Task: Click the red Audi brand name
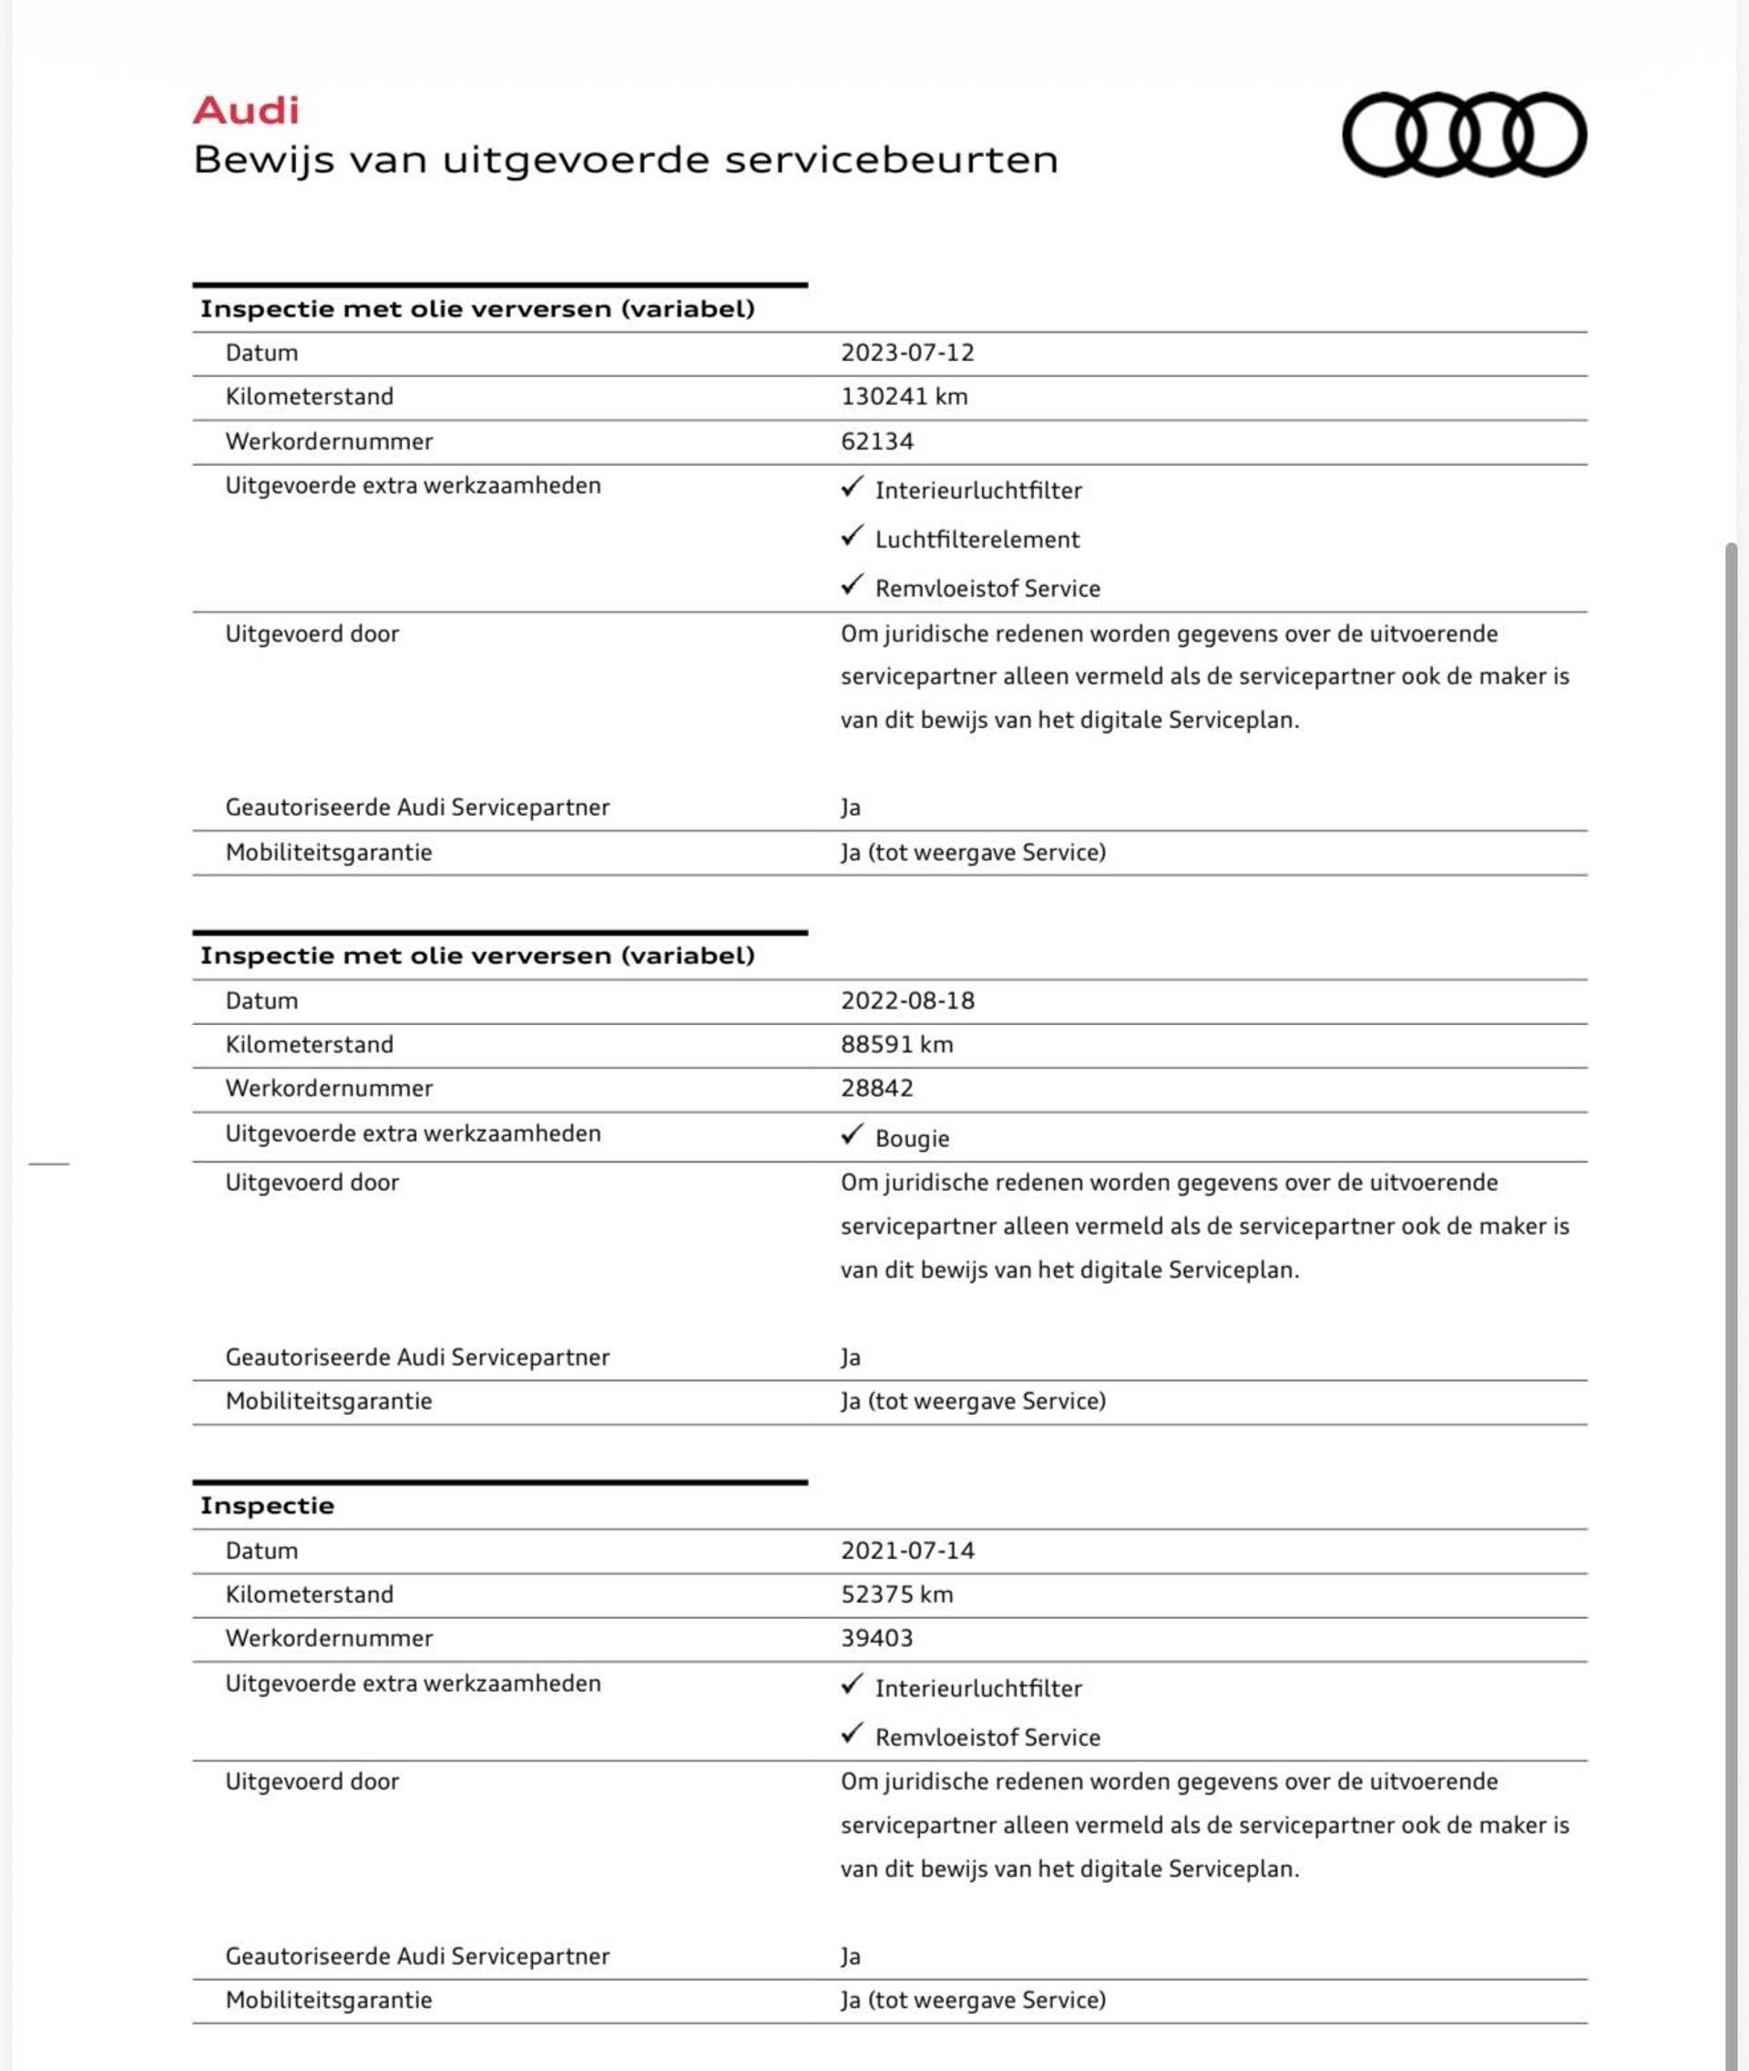(246, 110)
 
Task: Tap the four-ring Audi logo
(1464, 135)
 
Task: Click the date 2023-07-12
(907, 354)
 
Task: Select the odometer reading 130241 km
(904, 396)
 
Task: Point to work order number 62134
(876, 441)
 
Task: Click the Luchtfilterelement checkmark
(852, 537)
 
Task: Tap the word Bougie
(912, 1139)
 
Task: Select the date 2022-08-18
(907, 1000)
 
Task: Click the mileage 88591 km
(896, 1044)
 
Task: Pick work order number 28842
(876, 1088)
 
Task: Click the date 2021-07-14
(907, 1550)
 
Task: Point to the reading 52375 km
(896, 1594)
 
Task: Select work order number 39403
(876, 1637)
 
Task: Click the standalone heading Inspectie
(267, 1505)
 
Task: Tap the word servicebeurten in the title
(892, 159)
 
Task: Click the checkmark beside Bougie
(852, 1134)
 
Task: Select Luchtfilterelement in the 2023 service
(977, 539)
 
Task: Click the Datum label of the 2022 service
(261, 1000)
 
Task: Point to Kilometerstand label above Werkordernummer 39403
(309, 1594)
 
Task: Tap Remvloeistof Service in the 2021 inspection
(987, 1738)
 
